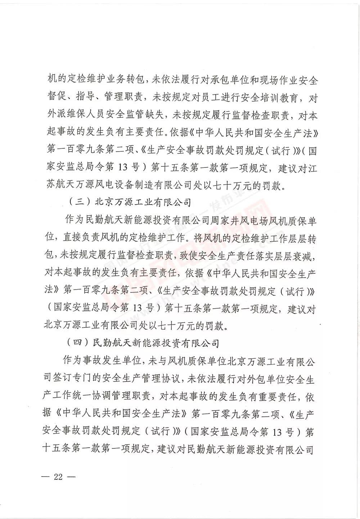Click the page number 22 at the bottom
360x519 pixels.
[58, 477]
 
